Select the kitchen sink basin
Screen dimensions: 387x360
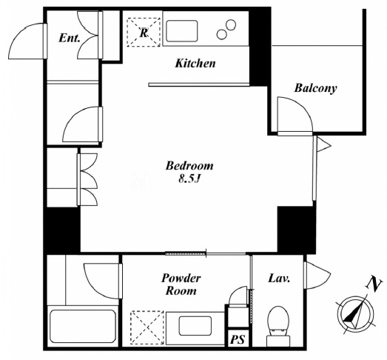click(182, 31)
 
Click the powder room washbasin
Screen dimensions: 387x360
click(195, 325)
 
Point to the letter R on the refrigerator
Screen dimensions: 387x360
click(144, 33)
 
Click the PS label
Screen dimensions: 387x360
click(238, 339)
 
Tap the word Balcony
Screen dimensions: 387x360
click(315, 88)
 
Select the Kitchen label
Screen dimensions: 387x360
click(195, 63)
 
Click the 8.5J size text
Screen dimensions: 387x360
click(189, 179)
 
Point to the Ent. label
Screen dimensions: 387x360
click(70, 38)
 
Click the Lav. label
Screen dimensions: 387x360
click(279, 279)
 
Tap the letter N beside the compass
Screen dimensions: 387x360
click(374, 284)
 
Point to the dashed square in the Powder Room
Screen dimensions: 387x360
click(147, 327)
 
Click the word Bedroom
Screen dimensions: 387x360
click(189, 165)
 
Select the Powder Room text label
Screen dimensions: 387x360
click(181, 284)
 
